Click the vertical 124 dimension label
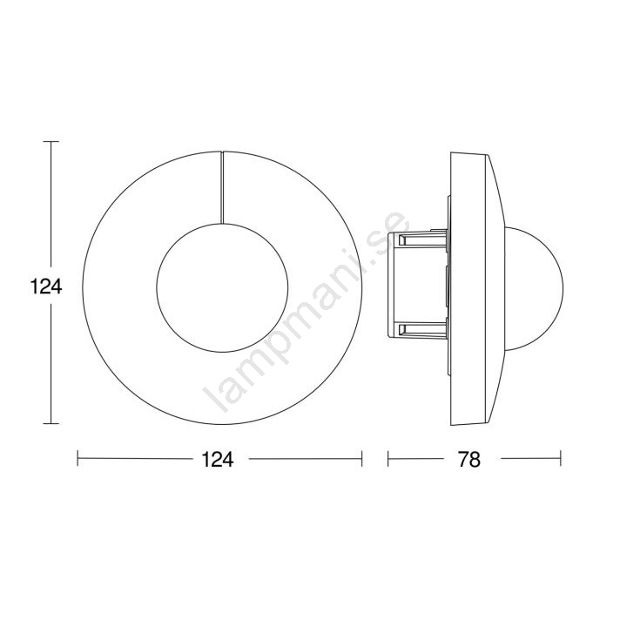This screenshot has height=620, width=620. coord(46,286)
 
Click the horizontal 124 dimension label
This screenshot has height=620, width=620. coord(218,460)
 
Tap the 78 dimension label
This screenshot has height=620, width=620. coord(469,460)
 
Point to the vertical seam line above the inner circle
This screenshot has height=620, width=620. coord(222,187)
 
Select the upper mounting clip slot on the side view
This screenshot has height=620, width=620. coord(422,239)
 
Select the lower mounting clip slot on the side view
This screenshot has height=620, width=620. coord(422,328)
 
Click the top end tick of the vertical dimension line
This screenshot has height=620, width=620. coord(51,142)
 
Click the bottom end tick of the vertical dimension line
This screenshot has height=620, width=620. coord(51,423)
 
